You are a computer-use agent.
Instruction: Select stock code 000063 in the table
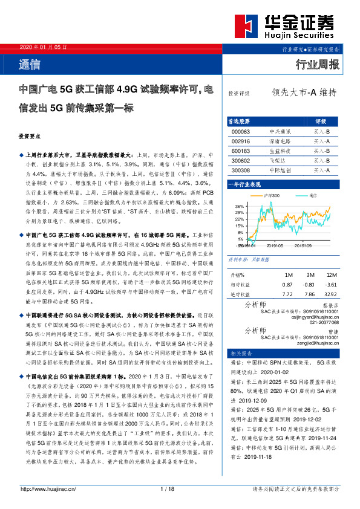click(241, 131)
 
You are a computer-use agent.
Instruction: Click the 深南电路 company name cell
click(280, 140)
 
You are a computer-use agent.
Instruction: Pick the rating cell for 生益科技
click(321, 151)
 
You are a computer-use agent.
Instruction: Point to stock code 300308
click(241, 170)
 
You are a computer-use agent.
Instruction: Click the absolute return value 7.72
click(288, 293)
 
